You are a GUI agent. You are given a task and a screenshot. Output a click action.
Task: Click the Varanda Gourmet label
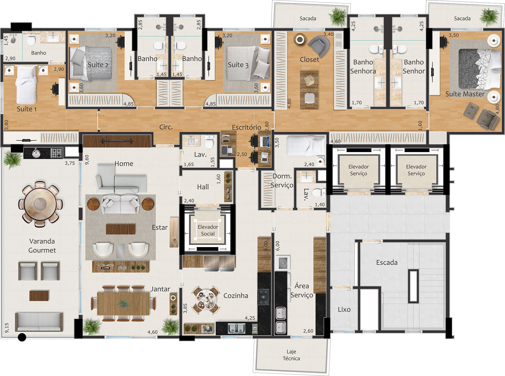[42, 246]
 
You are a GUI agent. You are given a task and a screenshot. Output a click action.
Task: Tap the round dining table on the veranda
[40, 204]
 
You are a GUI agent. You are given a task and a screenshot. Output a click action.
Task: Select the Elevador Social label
[208, 230]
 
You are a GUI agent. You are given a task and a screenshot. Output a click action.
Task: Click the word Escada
[387, 263]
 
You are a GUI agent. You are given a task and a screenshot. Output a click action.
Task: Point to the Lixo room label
[344, 310]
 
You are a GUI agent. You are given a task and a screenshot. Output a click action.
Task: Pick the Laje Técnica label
[291, 355]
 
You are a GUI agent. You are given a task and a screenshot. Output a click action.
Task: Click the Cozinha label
[236, 295]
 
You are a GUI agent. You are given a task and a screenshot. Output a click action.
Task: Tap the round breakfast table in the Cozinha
[206, 299]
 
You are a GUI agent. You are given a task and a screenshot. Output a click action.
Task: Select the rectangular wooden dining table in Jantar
[123, 303]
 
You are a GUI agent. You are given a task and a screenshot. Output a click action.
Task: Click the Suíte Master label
[465, 94]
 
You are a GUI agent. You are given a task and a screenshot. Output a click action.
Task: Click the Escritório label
[246, 128]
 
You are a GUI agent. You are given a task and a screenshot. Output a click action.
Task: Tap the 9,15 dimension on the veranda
[7, 328]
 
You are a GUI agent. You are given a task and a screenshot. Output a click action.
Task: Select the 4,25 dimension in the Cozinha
[250, 318]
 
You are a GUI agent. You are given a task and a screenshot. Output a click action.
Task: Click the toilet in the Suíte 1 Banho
[31, 40]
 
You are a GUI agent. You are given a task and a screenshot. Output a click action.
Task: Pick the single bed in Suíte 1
[26, 85]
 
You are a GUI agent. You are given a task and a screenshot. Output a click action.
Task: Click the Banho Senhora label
[363, 66]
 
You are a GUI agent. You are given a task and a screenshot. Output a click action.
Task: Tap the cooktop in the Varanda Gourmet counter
[56, 153]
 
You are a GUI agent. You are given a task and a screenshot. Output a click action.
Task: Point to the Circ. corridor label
[166, 127]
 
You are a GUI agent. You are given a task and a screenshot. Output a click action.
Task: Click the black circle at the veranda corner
[22, 337]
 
